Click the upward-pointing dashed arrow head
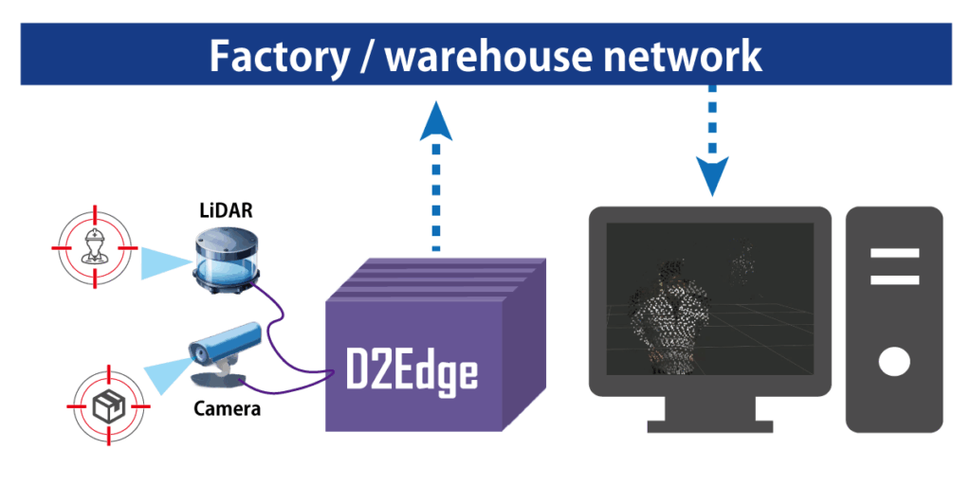click(x=435, y=121)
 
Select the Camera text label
click(x=227, y=409)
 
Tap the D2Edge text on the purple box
click(x=410, y=371)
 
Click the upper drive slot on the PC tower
click(x=893, y=254)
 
